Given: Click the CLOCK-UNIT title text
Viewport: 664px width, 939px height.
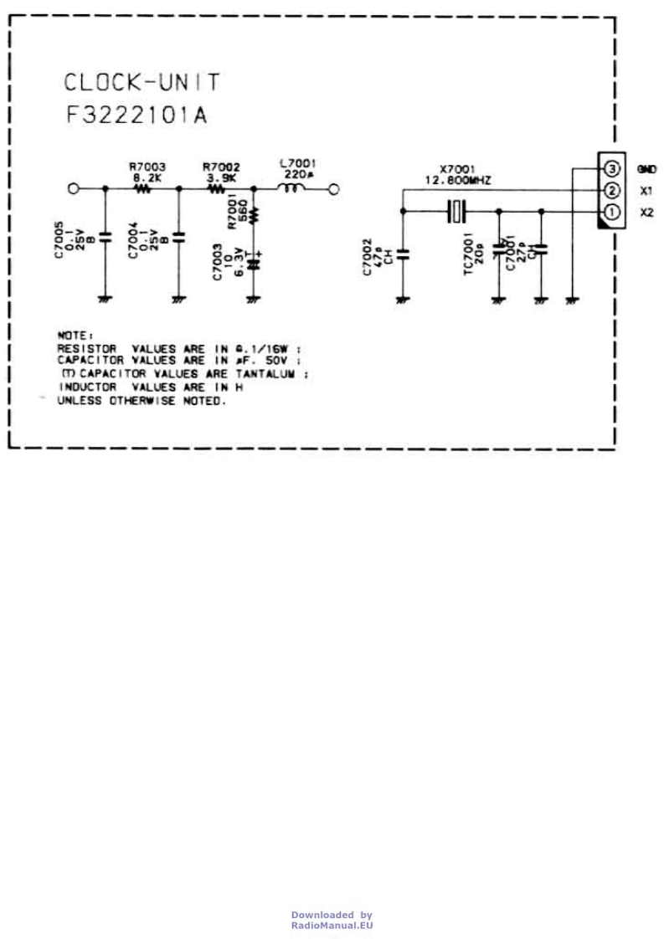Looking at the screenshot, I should coord(142,83).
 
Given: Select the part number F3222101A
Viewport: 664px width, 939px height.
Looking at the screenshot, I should coord(136,115).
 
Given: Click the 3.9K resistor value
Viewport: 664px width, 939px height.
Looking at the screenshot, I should coord(222,178).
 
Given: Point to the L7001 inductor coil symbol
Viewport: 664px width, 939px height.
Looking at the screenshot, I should coord(292,190).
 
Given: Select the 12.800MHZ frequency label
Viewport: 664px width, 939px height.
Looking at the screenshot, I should coord(459,180).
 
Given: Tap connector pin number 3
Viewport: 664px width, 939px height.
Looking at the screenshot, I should coord(611,170).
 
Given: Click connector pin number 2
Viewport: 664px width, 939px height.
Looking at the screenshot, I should coord(611,191).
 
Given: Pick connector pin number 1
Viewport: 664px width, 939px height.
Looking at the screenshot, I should coord(611,213).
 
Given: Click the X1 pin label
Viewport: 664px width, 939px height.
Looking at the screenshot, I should coord(646,191).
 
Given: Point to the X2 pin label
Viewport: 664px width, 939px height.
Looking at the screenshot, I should coord(646,213).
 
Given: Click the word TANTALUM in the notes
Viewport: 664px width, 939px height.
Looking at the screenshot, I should coord(268,374).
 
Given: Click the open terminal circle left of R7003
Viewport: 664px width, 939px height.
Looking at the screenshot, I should coord(74,190).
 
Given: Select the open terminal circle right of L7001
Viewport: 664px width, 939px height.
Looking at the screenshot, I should coord(334,190).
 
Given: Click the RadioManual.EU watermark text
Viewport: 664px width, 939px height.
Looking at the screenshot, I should coord(332,925).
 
